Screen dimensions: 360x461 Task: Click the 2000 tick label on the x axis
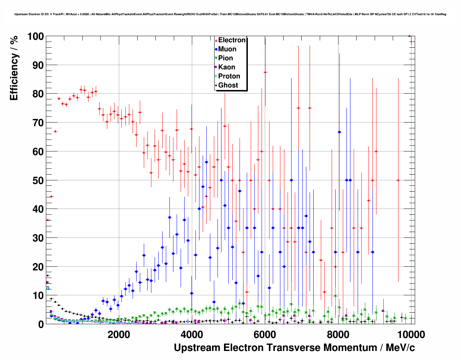point(119,334)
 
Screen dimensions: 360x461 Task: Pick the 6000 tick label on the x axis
point(265,334)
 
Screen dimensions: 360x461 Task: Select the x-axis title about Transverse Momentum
point(294,348)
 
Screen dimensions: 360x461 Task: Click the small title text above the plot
point(230,14)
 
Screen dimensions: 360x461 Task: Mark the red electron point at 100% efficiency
point(409,36)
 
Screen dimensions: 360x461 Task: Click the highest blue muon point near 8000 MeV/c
point(339,132)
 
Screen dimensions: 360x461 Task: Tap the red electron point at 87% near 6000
point(265,72)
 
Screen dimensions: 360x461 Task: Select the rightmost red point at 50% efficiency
point(398,180)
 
